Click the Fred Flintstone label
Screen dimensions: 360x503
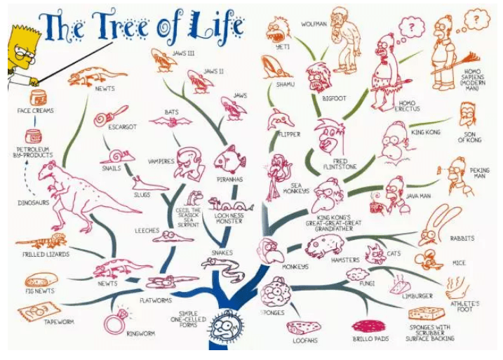click(335, 166)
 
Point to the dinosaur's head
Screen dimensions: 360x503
click(51, 168)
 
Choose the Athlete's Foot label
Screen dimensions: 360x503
click(466, 307)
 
